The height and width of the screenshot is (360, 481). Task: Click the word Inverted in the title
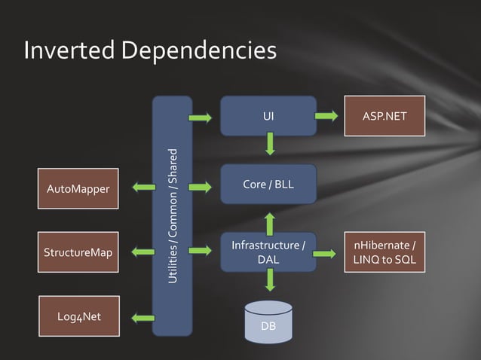pos(69,50)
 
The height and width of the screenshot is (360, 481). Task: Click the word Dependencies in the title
pos(198,50)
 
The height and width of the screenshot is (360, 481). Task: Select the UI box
pos(268,117)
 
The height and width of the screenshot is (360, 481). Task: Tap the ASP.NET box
pos(384,117)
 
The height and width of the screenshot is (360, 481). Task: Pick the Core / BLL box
pos(268,185)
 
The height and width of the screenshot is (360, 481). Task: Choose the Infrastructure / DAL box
pos(268,252)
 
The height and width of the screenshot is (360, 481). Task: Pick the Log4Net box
pos(79,316)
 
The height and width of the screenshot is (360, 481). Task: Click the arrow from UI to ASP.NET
pos(326,116)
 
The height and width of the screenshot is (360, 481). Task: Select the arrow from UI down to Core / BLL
pos(268,144)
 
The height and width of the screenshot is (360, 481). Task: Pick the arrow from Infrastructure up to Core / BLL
pos(269,223)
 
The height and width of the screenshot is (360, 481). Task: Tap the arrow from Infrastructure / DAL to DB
pos(269,281)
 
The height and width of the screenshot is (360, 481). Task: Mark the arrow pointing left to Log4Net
pos(141,318)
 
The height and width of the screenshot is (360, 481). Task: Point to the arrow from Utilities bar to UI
pos(200,118)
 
